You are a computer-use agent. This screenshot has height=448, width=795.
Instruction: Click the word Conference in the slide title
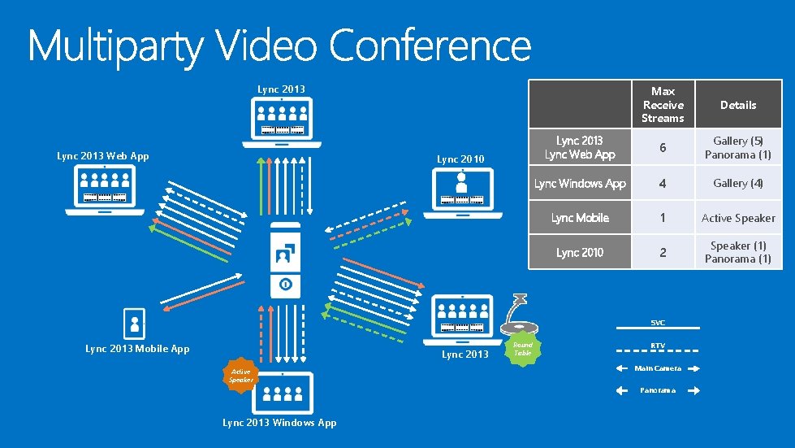point(430,46)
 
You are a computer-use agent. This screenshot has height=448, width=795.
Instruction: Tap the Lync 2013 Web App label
point(103,156)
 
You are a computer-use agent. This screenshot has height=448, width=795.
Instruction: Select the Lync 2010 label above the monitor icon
point(460,159)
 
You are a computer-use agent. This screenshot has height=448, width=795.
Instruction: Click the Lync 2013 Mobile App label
point(137,349)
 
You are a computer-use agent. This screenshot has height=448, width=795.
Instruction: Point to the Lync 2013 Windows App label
point(279,422)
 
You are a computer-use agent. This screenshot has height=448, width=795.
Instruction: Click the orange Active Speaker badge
point(240,376)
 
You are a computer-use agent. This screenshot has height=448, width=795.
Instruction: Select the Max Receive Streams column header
point(663,105)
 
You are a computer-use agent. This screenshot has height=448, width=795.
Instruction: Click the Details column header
point(737,105)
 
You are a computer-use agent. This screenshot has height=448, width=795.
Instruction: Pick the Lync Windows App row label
point(580,184)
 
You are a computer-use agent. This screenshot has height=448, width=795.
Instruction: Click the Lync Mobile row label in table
point(580,218)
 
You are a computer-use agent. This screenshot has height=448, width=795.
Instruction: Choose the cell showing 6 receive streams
point(663,148)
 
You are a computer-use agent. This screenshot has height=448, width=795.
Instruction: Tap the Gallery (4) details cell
point(737,184)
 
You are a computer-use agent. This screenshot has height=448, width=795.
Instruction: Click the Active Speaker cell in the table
point(737,218)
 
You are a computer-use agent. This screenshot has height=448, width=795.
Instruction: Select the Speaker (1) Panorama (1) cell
point(737,252)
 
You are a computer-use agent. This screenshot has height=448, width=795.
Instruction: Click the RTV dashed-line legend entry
point(658,347)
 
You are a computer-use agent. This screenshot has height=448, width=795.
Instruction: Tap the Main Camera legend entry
point(658,368)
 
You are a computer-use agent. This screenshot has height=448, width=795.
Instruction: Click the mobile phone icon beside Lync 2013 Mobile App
point(134,324)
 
